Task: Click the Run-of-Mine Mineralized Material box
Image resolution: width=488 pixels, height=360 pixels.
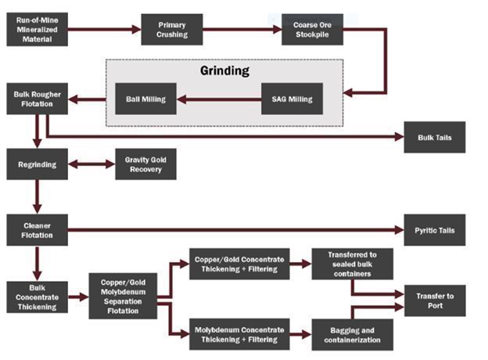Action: pos(36,29)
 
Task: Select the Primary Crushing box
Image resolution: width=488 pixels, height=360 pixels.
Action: pos(171,30)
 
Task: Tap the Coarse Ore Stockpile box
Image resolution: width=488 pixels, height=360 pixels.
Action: pos(311,30)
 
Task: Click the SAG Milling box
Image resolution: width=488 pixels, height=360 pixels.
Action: pos(292,99)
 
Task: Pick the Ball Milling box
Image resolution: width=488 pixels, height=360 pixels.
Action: pos(145,99)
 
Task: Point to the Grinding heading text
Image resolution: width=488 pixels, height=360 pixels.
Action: pos(224,71)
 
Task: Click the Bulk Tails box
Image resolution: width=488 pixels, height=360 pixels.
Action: pos(434,138)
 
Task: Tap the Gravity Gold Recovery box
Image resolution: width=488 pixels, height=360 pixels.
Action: pos(145,164)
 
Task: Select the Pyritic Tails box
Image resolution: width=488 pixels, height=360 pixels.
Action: pos(434,230)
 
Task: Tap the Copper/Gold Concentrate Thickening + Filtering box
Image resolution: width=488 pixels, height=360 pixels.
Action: pos(239,264)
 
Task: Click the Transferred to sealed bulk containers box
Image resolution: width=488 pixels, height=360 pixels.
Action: pos(352,264)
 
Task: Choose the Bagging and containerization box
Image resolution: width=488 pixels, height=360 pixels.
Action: pos(352,334)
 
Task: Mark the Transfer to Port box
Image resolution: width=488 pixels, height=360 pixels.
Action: pos(434,301)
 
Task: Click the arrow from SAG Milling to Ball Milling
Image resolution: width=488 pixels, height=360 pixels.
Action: pos(218,99)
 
